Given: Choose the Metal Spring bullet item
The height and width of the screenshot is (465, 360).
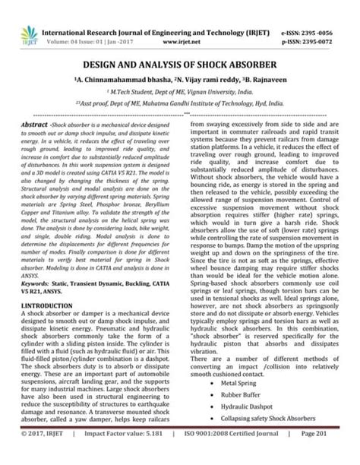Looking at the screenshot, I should pyautogui.click(x=238, y=383).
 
